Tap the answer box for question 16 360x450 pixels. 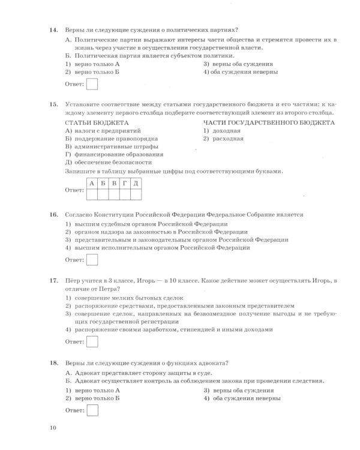pos(92,260)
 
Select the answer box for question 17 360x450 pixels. pos(92,341)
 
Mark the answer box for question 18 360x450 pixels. pos(92,410)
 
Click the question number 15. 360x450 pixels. pos(53,104)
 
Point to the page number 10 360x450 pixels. pos(53,427)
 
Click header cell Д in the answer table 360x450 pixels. pos(136,183)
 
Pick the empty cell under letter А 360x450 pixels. pos(92,194)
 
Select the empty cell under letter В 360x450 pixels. pos(114,194)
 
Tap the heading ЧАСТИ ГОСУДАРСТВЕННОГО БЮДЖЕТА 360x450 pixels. pos(269,122)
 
